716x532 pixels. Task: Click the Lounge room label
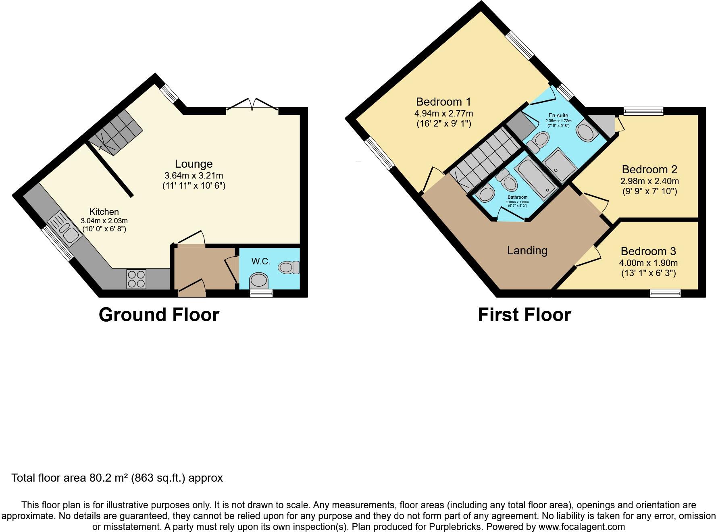point(194,164)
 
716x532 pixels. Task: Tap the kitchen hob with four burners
point(136,279)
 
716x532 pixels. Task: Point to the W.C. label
point(261,262)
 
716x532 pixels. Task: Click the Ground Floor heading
point(159,315)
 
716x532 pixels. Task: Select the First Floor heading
point(524,315)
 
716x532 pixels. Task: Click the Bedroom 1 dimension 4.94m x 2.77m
point(443,114)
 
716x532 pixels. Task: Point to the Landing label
point(527,251)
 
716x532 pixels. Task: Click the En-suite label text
point(558,115)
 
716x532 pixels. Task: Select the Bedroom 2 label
point(649,169)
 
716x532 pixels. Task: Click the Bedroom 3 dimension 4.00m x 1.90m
point(648,263)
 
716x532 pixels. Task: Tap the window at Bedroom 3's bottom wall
point(665,293)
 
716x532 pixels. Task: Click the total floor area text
point(117,478)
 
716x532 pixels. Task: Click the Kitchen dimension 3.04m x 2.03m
point(104,221)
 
